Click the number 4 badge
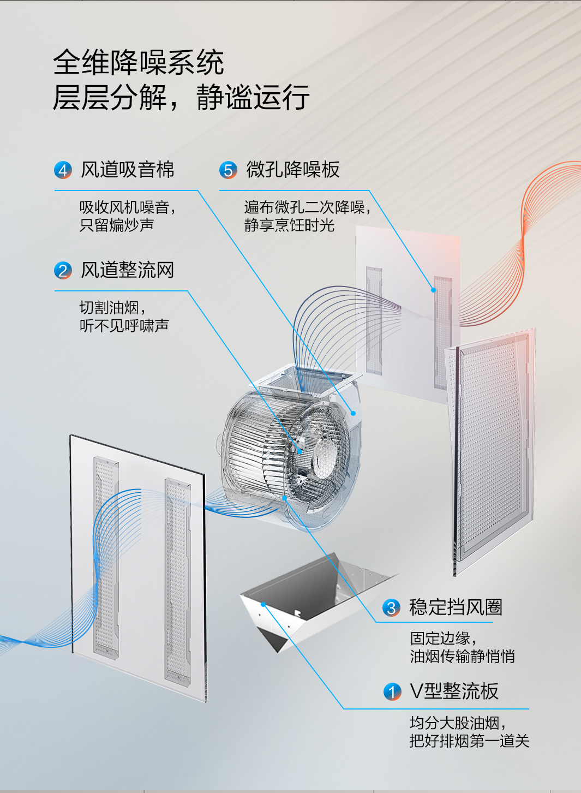(63, 170)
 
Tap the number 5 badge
(228, 170)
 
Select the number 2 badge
(63, 271)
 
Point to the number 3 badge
(391, 607)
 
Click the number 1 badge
(392, 692)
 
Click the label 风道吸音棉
(128, 170)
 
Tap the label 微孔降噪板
(293, 170)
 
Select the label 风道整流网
(128, 270)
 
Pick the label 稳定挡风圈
(456, 607)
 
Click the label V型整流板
(454, 691)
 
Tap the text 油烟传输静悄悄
(462, 656)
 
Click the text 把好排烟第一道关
(469, 741)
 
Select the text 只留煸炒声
(117, 225)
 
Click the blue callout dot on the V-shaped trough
(263, 604)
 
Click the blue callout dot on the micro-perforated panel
(434, 290)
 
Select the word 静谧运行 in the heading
(253, 97)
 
